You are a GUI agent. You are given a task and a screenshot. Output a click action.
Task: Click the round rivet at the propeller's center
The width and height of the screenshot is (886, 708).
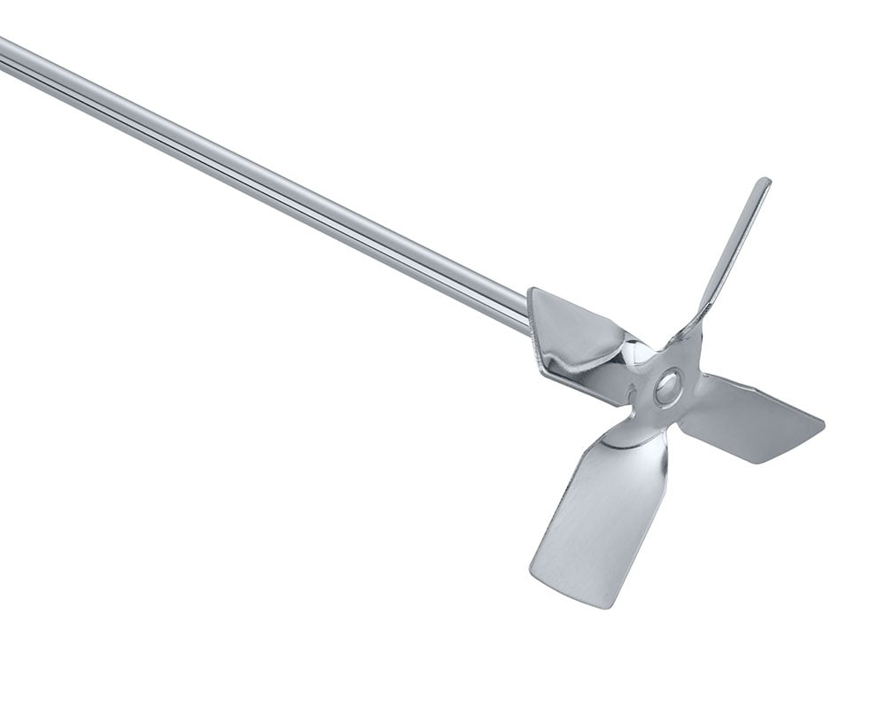[667, 386]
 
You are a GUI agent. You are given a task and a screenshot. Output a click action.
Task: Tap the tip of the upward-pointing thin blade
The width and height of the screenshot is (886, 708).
[763, 183]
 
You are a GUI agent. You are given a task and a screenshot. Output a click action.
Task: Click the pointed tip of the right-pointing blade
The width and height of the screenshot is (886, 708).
[821, 423]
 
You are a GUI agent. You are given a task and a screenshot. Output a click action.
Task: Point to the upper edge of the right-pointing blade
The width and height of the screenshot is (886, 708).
[762, 390]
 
